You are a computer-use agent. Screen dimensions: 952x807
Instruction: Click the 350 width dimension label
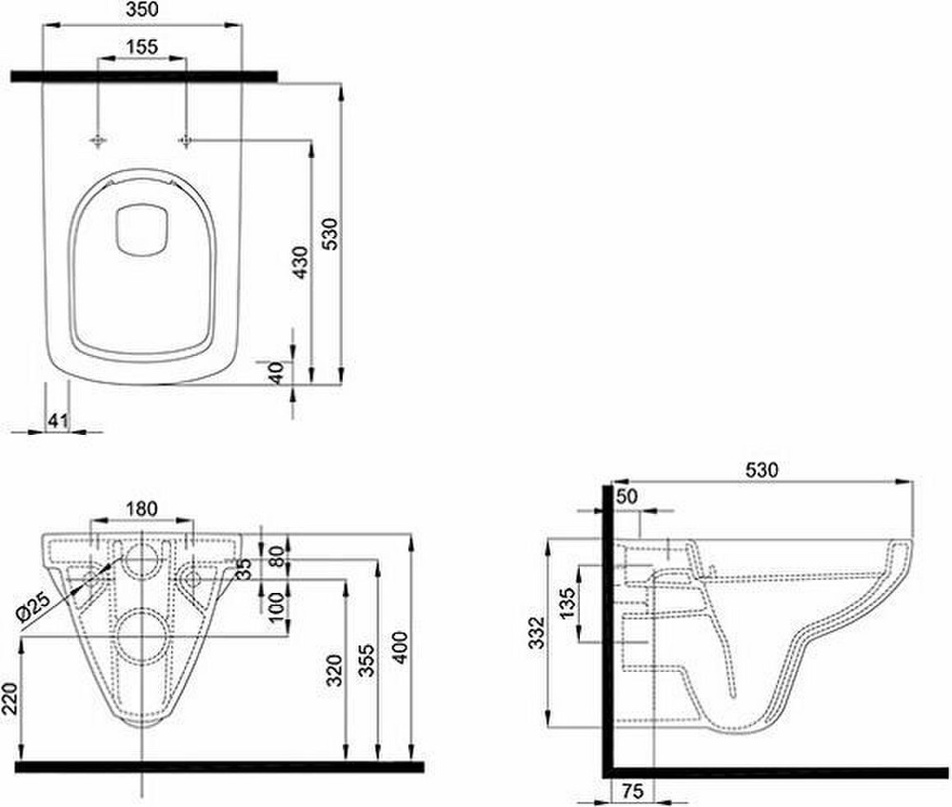(143, 10)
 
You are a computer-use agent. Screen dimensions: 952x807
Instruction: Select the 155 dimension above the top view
(143, 46)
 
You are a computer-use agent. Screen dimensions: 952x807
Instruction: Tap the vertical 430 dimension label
(300, 263)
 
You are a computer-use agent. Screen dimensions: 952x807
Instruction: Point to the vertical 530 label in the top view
(330, 234)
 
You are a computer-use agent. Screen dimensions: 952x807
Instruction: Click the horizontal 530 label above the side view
(762, 469)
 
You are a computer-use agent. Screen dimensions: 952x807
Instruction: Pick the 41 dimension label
(57, 420)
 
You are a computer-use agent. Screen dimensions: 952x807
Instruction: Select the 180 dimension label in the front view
(142, 508)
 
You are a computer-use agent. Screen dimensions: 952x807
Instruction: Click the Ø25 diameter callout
(33, 607)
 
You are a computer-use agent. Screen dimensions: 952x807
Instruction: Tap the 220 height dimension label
(10, 698)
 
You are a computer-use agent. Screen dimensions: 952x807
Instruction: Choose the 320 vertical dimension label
(334, 670)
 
